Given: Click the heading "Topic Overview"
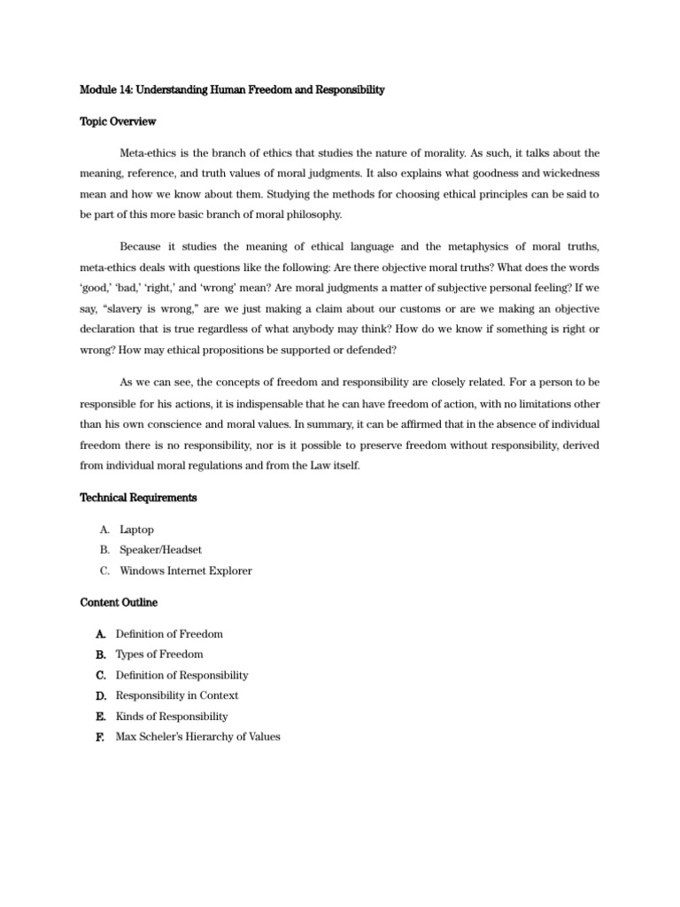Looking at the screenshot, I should pos(118,122).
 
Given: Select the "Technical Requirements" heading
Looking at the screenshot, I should pos(138,498).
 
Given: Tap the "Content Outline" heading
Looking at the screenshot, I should pos(119,602).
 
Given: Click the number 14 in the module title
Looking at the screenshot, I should pos(127,90).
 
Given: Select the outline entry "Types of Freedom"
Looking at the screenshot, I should pos(159,655).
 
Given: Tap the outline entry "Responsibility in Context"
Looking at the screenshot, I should pos(177,695).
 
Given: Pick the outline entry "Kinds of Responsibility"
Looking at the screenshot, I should pos(172,716).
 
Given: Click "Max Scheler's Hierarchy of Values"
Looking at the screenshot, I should pos(197,736).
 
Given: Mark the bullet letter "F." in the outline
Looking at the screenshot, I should pos(98,736).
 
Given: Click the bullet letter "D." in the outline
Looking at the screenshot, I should pos(100,695).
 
